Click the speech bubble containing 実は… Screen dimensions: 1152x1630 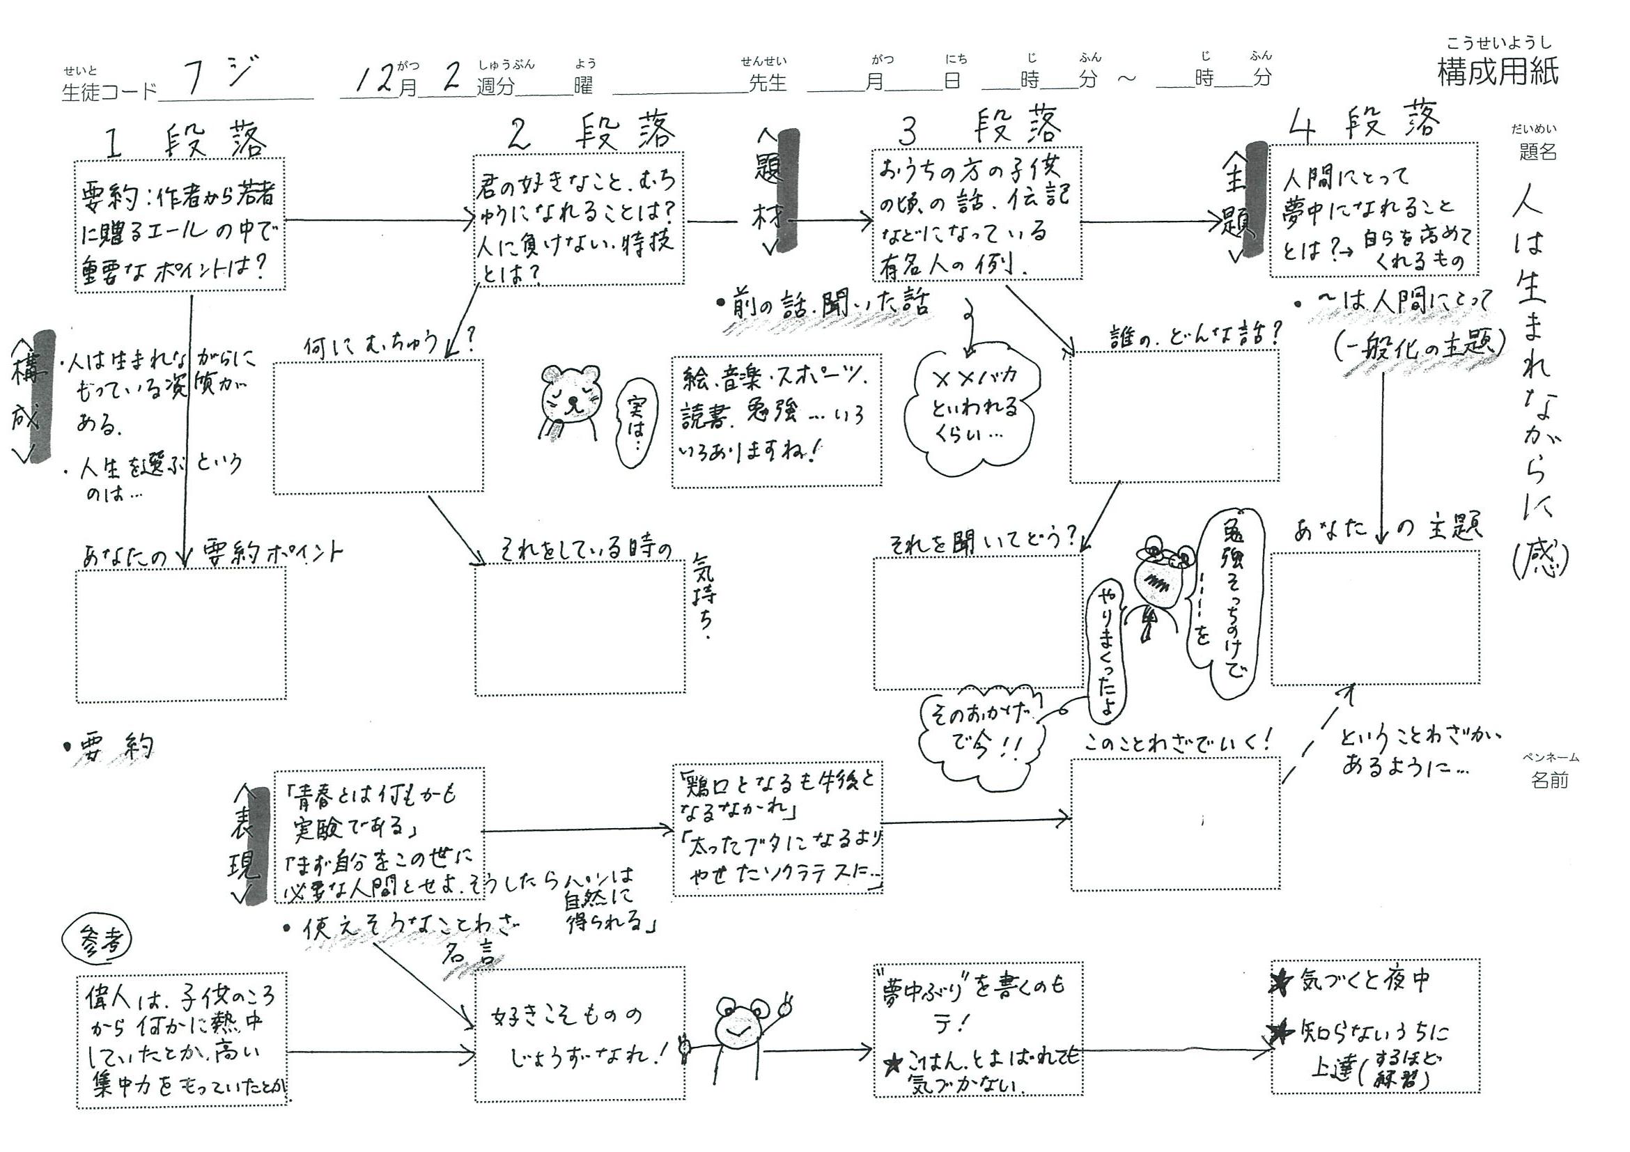coord(637,422)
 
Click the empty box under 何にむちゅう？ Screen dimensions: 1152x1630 coord(378,426)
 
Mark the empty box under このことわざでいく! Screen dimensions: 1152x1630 coord(1175,824)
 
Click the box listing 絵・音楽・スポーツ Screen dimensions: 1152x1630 coord(777,421)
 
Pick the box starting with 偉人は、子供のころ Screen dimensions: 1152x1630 coord(182,1039)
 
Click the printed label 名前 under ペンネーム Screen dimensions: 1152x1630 coord(1549,781)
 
